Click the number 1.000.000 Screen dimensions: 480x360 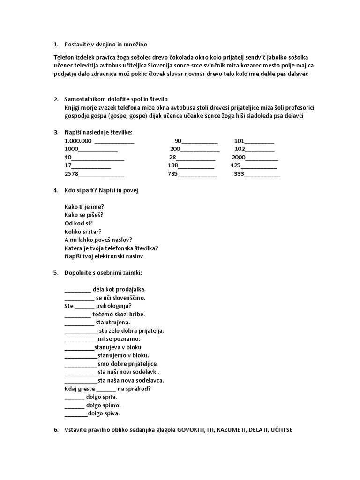pos(78,141)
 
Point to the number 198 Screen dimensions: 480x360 pos(172,166)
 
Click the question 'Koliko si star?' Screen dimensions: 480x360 pos(83,232)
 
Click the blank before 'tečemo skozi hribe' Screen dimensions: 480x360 pos(77,315)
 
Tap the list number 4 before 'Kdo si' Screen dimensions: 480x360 pos(55,190)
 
